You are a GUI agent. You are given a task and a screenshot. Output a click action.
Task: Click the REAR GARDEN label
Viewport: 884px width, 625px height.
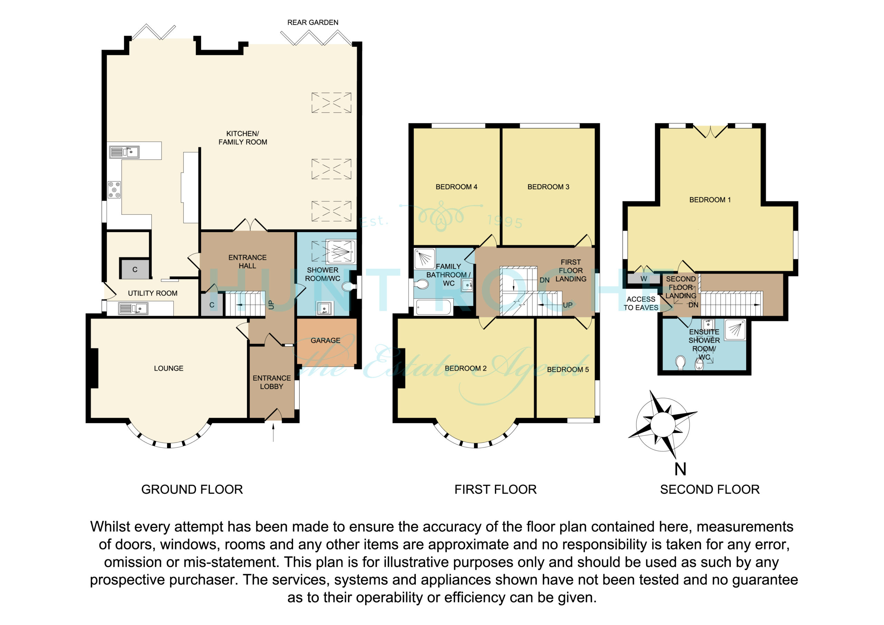pos(313,23)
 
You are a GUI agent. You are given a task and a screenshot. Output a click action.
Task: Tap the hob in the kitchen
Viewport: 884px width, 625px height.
pos(114,190)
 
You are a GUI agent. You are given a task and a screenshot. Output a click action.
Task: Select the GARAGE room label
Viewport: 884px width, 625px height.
pos(325,340)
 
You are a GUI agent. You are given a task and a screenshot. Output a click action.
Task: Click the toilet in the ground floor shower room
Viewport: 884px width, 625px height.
pos(349,287)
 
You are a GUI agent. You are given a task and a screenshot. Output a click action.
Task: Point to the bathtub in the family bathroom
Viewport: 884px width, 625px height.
pos(433,307)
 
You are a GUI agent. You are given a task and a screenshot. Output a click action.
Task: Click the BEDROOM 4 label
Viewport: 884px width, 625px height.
pos(456,187)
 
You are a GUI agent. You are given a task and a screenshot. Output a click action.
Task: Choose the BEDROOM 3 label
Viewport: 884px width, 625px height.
pos(548,187)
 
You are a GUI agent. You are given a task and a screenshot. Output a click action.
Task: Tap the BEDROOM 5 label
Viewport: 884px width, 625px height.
pos(568,369)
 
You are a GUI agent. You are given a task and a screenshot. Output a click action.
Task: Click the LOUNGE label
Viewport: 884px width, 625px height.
pos(169,368)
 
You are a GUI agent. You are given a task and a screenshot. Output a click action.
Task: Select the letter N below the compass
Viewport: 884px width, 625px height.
pos(680,469)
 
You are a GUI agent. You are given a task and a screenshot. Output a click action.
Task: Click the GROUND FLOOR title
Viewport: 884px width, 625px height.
pos(192,489)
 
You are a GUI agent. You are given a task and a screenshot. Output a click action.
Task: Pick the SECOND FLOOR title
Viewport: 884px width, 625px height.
pos(710,489)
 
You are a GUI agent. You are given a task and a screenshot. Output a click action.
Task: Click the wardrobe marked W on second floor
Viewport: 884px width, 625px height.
pos(644,279)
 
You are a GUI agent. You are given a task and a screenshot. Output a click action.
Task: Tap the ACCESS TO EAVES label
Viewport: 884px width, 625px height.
pos(641,304)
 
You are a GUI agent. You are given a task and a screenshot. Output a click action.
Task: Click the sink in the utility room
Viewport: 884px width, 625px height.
pos(133,308)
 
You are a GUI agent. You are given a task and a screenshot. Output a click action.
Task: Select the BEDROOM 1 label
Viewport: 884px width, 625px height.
pos(710,200)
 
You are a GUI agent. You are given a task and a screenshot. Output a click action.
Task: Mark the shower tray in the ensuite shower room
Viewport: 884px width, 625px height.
pos(735,330)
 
